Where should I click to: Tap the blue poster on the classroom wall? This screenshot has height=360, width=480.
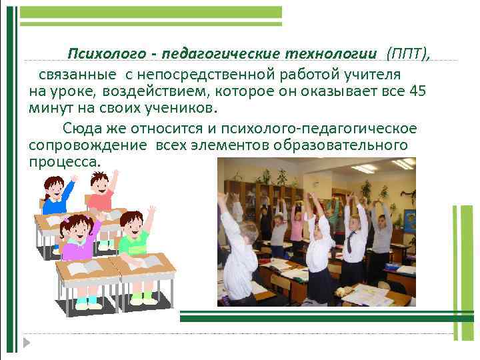(x=408, y=219)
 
